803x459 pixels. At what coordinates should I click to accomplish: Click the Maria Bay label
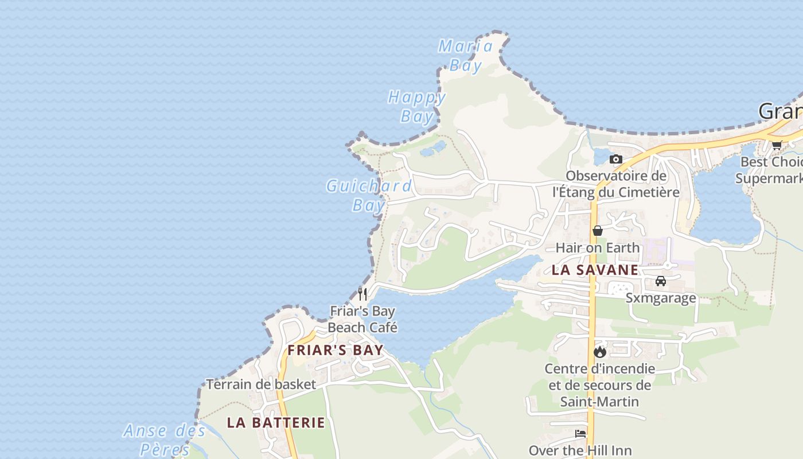point(466,56)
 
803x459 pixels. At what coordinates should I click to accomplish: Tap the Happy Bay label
point(417,106)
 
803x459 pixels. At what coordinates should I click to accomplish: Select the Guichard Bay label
point(369,195)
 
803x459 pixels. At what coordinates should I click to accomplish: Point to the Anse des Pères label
point(164,439)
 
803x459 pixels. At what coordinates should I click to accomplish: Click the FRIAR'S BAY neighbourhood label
point(336,350)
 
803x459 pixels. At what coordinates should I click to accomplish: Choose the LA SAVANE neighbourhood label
point(595,270)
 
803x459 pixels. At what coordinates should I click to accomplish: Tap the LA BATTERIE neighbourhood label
point(276,423)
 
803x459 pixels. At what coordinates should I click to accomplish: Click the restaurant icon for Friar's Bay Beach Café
point(362,294)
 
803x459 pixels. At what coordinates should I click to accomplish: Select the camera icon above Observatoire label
point(616,159)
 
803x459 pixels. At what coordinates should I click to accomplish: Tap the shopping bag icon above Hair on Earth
point(598,231)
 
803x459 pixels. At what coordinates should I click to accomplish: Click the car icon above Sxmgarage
point(661,281)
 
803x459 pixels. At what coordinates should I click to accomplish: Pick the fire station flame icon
point(600,352)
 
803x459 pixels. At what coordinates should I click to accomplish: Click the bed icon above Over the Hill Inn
point(580,434)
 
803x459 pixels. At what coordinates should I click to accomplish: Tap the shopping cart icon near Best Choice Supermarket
point(777,145)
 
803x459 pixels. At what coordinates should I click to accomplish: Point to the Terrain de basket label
point(261,384)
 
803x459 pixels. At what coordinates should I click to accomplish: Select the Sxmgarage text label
point(661,298)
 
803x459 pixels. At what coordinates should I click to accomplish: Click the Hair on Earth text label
point(598,248)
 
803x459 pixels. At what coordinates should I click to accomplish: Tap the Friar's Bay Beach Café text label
point(362,320)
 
